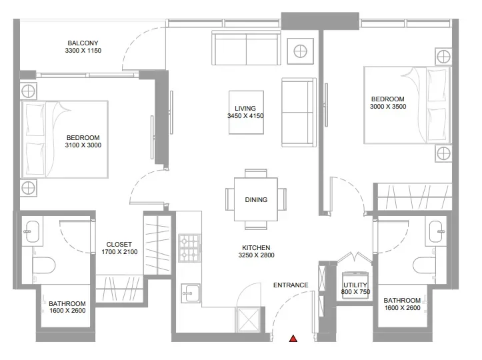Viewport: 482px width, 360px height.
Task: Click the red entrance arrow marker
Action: click(x=292, y=339)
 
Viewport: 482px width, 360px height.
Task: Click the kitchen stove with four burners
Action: click(x=189, y=247)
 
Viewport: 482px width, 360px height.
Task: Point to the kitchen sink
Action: click(x=190, y=292)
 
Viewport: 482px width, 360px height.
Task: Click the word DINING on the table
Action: click(x=256, y=199)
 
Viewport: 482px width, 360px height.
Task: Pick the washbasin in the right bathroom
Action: click(x=437, y=231)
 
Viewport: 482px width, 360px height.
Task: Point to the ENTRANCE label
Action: click(x=291, y=285)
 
